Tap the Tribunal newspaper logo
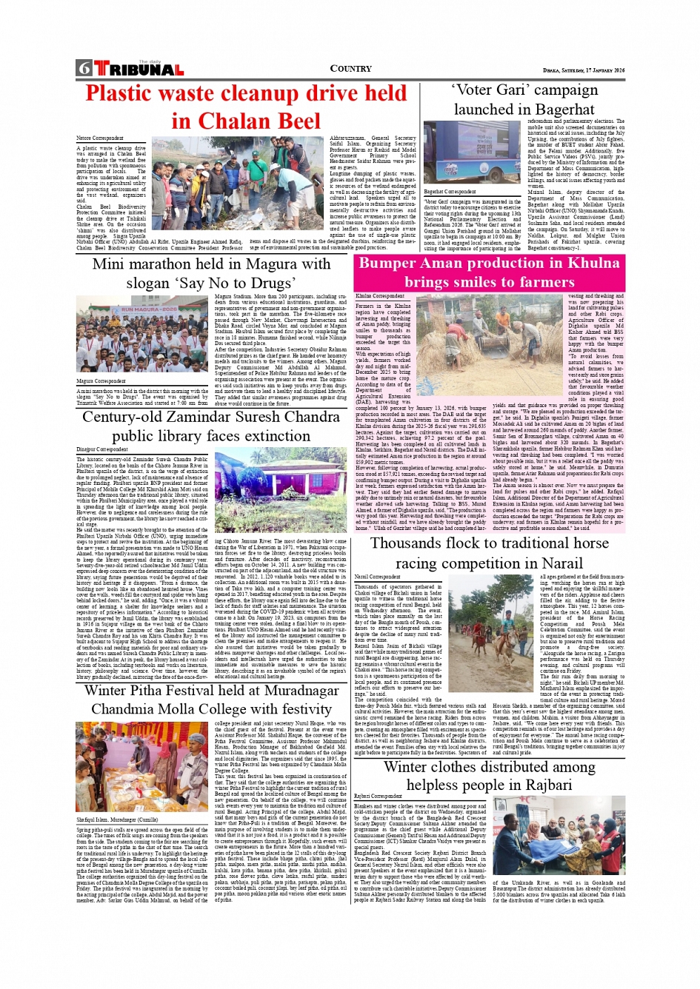[138, 69]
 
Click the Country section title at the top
[350, 69]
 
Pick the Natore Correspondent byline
[100, 138]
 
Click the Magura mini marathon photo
[141, 336]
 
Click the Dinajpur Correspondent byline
[102, 449]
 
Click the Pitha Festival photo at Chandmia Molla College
[143, 768]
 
